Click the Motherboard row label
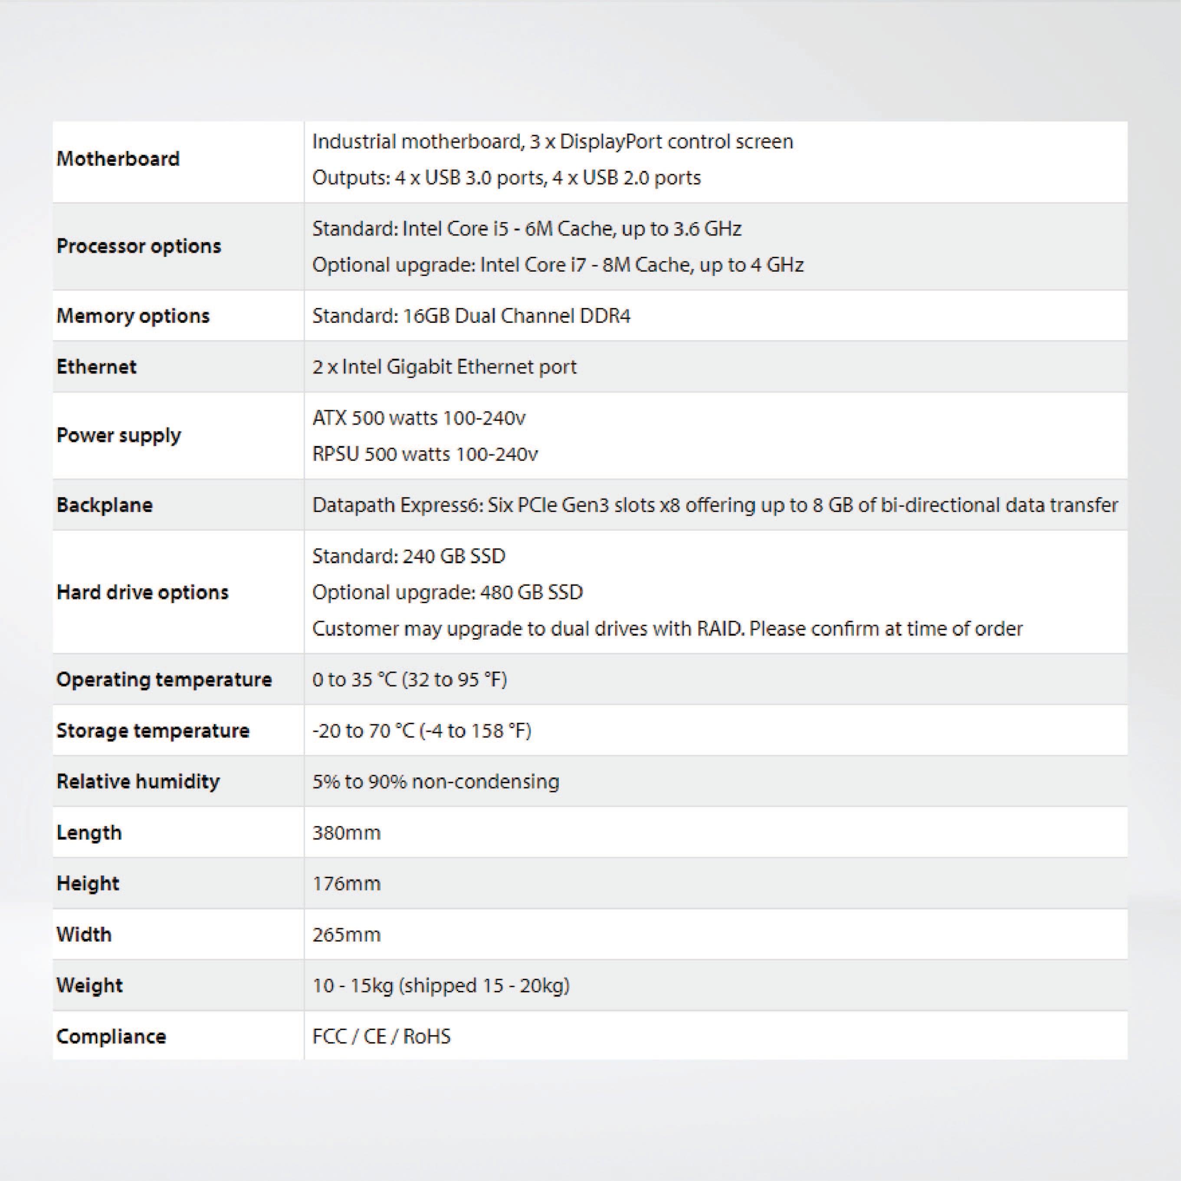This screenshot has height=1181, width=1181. [118, 159]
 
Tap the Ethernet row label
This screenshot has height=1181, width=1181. [97, 367]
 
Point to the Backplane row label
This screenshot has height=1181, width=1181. [105, 505]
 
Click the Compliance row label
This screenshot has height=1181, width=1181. [111, 1036]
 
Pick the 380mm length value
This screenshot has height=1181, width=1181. [347, 833]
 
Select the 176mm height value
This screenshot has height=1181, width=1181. [347, 883]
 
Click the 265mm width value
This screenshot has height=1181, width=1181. [347, 935]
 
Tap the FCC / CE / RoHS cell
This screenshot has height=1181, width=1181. [381, 1036]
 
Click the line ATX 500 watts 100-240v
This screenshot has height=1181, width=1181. [419, 418]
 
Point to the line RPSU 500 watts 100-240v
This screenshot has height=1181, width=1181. [425, 454]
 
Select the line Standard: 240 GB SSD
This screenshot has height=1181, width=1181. [409, 556]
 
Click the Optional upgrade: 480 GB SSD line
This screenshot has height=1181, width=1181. [447, 592]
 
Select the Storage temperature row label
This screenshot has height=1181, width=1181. [153, 731]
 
